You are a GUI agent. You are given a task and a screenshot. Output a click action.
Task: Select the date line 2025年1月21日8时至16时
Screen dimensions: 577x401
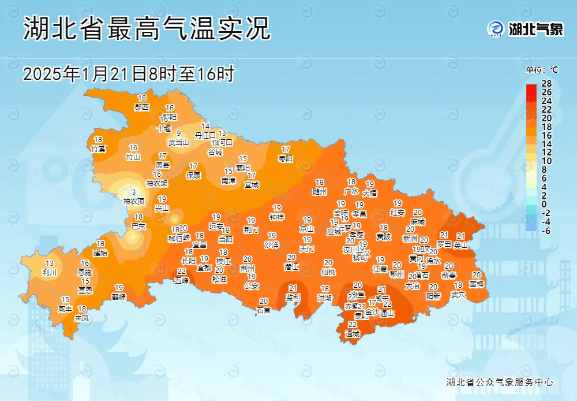(x=129, y=74)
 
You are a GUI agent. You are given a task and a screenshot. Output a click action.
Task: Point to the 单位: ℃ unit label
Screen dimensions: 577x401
(x=542, y=70)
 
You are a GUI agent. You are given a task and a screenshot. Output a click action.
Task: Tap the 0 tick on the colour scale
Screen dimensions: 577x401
(x=545, y=205)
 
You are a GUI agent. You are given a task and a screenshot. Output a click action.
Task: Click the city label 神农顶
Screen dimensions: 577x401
(x=134, y=201)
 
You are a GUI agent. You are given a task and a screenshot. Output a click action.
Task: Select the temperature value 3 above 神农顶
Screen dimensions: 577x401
(x=134, y=192)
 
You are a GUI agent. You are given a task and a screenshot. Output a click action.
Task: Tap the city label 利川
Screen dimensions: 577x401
(x=50, y=272)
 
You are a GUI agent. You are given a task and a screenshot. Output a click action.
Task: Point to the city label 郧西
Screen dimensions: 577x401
(x=142, y=107)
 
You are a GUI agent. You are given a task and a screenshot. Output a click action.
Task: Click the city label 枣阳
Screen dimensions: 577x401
(x=286, y=158)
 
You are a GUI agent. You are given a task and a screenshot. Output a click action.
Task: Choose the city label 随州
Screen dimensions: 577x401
(x=320, y=191)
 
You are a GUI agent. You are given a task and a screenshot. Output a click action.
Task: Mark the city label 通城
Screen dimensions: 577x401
(x=352, y=334)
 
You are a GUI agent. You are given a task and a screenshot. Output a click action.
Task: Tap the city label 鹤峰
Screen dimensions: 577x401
(x=119, y=296)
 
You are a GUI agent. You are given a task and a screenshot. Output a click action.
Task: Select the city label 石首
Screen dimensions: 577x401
(x=264, y=310)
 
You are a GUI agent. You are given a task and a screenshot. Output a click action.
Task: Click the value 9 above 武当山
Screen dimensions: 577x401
(x=179, y=133)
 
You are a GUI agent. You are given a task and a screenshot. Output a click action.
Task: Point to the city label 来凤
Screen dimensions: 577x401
(x=82, y=318)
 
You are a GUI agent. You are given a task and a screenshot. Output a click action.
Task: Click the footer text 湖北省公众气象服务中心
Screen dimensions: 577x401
(x=500, y=383)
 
